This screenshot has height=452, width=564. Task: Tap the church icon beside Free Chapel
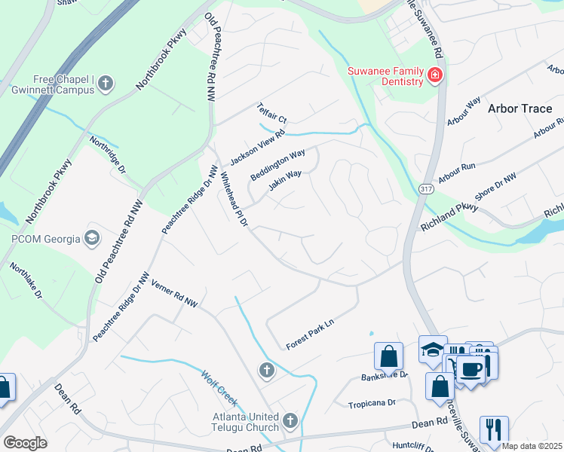point(106,84)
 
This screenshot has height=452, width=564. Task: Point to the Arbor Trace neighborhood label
point(520,108)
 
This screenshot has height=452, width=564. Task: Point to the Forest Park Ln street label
point(309,334)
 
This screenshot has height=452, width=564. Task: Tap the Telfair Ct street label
point(272,114)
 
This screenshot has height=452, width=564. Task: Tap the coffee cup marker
point(471,369)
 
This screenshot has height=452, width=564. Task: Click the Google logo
point(25,442)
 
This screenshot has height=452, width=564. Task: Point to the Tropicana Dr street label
point(372,404)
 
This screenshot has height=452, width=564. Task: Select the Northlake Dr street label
point(26,279)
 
